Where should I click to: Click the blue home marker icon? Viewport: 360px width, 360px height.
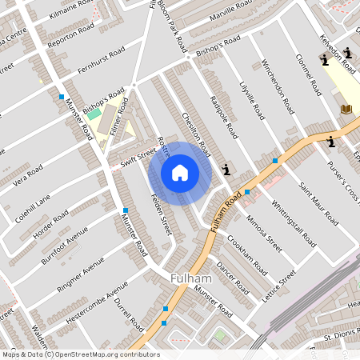click(180, 173)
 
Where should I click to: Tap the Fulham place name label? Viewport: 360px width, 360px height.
click(191, 278)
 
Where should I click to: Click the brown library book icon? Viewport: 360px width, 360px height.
click(346, 109)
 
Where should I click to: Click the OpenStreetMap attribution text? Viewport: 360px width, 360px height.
click(80, 354)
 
